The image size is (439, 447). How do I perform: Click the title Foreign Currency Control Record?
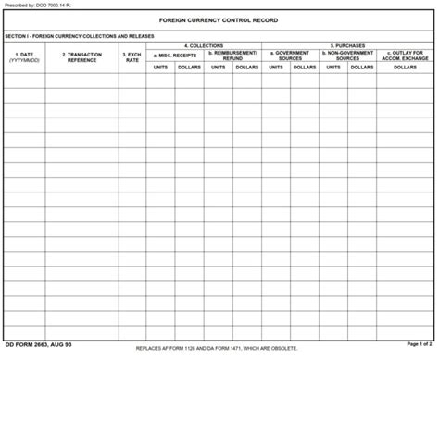tap(219, 20)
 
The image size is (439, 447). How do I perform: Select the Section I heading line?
tap(80, 36)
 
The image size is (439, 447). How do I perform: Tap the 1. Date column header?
tap(24, 57)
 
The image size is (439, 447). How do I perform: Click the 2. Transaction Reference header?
tap(82, 57)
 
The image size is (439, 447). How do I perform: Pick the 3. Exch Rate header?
tap(132, 57)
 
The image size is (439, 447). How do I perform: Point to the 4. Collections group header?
tap(203, 45)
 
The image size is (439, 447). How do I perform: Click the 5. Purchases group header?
tap(347, 45)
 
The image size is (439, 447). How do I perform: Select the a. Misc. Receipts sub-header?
tap(174, 56)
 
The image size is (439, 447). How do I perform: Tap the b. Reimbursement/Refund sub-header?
tap(232, 56)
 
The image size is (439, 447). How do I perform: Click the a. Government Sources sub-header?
tap(290, 56)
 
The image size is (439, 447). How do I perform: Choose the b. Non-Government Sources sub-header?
tap(347, 56)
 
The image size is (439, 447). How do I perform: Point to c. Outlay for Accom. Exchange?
tap(405, 56)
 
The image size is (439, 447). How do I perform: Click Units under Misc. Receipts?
tap(160, 68)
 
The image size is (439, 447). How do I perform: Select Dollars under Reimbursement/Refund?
tap(247, 68)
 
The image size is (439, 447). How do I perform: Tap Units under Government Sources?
tap(276, 68)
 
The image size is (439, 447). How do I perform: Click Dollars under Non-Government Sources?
tap(362, 68)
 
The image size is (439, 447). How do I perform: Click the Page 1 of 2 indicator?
tap(419, 344)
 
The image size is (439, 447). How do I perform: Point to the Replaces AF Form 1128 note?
tap(217, 349)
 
